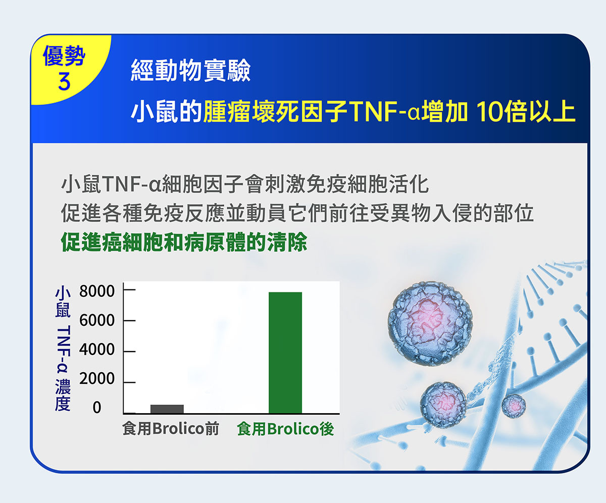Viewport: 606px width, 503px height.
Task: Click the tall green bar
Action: click(285, 353)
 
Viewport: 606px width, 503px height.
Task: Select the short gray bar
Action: click(167, 409)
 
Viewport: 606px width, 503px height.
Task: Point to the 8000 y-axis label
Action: click(97, 291)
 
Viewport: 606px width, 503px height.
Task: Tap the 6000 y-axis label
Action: click(97, 320)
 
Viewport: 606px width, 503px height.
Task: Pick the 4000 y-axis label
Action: click(97, 349)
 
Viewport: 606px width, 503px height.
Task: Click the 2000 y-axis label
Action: click(97, 379)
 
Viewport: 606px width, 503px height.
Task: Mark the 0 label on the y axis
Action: click(97, 408)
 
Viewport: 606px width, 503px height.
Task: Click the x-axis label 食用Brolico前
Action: click(171, 429)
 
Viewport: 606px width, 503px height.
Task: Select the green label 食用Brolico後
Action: click(286, 429)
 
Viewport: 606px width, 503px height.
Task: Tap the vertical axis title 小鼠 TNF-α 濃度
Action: click(63, 348)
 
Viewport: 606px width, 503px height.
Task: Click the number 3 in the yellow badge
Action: click(64, 81)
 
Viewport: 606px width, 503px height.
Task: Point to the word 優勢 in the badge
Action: click(64, 56)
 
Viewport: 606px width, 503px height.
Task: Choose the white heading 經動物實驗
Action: click(191, 70)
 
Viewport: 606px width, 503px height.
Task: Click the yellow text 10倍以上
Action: click(526, 112)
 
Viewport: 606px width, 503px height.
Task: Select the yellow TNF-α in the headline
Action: click(384, 112)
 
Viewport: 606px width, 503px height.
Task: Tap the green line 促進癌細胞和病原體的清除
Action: click(184, 242)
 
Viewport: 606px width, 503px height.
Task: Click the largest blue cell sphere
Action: click(430, 323)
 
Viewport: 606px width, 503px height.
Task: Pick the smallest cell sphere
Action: click(514, 406)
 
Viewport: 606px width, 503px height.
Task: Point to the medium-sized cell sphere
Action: click(443, 405)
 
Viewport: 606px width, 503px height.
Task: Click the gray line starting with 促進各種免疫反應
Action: click(297, 214)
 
